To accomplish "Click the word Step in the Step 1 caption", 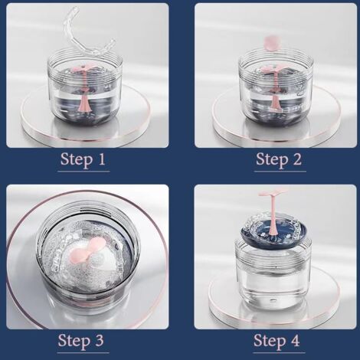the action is tap(77, 160).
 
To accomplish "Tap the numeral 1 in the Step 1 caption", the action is tap(102, 159).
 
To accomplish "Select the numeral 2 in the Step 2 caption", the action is tap(296, 159).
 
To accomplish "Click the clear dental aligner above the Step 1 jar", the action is tap(88, 35).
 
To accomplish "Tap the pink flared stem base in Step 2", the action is tap(276, 106).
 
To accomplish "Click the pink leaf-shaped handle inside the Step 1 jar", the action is tap(85, 69).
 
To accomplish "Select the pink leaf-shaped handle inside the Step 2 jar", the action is tap(276, 69).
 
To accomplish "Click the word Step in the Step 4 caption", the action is tap(270, 342).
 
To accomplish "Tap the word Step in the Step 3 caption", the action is tap(74, 342).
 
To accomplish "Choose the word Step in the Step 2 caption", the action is tap(272, 160).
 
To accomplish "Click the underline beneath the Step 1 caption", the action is tap(83, 171).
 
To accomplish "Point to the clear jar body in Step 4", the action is tap(273, 273).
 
